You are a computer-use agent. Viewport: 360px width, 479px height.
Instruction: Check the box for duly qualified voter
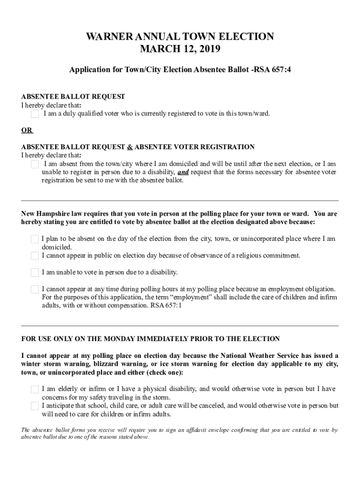click(x=35, y=114)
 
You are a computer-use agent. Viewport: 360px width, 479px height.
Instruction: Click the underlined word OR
click(x=27, y=130)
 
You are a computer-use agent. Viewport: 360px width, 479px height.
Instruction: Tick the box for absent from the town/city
click(x=35, y=164)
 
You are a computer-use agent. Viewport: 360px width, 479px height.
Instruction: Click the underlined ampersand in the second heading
click(x=130, y=147)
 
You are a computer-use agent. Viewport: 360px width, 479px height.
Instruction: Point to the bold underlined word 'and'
click(x=183, y=172)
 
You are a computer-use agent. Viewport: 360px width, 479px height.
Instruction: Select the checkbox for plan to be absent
click(x=35, y=239)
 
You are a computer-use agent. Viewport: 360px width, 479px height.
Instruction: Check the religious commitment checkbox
click(x=35, y=256)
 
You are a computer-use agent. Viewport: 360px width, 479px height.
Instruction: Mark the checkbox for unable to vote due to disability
click(x=35, y=273)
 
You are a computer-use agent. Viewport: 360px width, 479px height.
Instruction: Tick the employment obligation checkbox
click(x=35, y=290)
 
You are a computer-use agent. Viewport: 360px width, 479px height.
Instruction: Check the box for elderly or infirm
click(x=35, y=390)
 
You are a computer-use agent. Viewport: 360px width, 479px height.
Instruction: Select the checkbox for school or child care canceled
click(x=35, y=406)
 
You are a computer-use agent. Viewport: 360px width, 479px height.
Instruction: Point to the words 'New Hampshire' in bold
click(x=45, y=214)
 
